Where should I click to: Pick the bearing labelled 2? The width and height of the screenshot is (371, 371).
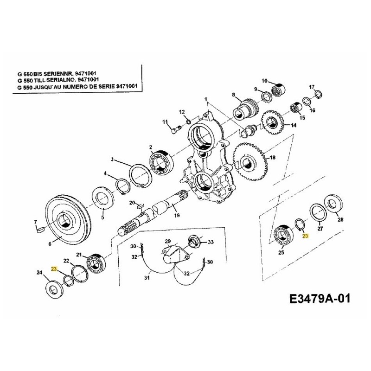click(x=160, y=162)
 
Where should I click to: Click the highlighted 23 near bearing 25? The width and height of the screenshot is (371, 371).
click(x=305, y=236)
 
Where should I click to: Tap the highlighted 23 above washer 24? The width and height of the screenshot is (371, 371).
click(x=54, y=269)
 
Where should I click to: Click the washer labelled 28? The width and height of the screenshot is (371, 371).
click(x=333, y=205)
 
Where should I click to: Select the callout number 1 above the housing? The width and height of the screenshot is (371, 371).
click(x=205, y=98)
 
